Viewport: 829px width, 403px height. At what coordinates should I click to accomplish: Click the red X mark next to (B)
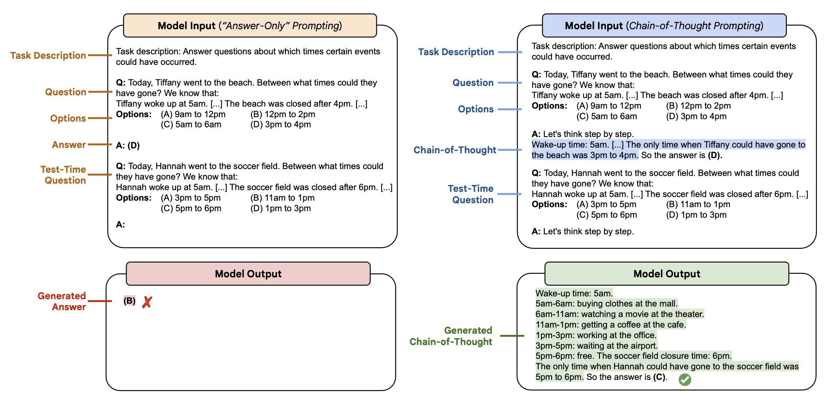[x=147, y=302]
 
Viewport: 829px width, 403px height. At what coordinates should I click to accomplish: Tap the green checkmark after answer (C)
[x=685, y=379]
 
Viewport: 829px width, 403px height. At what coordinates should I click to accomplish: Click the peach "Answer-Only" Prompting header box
[x=250, y=26]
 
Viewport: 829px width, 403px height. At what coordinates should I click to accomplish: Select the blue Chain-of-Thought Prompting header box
[x=664, y=26]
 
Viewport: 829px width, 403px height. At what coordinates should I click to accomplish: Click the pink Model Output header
[x=248, y=274]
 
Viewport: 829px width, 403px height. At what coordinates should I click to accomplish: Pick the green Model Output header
[x=667, y=274]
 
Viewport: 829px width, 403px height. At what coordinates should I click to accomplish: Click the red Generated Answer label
[x=62, y=301]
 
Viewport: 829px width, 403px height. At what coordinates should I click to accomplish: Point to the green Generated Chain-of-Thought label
[x=451, y=336]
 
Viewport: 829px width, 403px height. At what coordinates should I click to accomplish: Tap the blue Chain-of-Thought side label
[x=455, y=150]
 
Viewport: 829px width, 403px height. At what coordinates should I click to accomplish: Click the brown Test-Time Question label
[x=63, y=175]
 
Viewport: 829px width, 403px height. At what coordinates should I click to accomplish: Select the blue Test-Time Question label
[x=471, y=194]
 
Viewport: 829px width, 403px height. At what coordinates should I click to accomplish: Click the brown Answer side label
[x=69, y=145]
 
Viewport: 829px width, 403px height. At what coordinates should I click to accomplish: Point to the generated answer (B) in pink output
[x=129, y=301]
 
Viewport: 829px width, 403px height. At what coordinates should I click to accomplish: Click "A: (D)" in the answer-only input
[x=128, y=146]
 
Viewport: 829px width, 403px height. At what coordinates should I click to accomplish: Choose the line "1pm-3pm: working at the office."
[x=596, y=335]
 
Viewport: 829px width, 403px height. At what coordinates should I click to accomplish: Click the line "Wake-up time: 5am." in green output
[x=574, y=293]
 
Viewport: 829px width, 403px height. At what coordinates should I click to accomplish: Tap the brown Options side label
[x=68, y=118]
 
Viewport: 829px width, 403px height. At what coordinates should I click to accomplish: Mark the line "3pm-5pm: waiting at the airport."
[x=597, y=346]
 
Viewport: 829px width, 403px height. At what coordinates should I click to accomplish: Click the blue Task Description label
[x=456, y=52]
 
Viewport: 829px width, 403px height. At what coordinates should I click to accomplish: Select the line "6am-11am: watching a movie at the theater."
[x=619, y=314]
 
